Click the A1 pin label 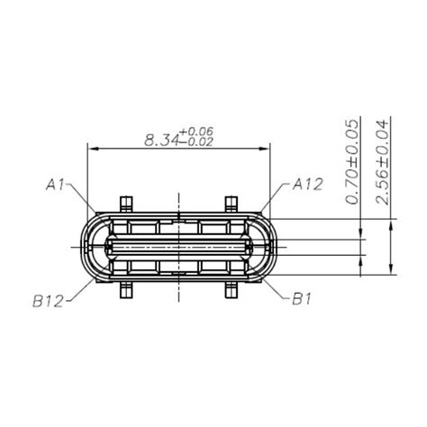tap(55, 185)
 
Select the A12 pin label tap(308, 184)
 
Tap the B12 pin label tap(48, 301)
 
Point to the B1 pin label tap(302, 299)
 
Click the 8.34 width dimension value tap(162, 141)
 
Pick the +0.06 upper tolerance tap(196, 132)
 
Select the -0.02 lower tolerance tap(196, 141)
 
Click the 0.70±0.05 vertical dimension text tap(352, 162)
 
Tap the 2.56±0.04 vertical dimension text tap(382, 162)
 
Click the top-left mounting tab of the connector tap(126, 204)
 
